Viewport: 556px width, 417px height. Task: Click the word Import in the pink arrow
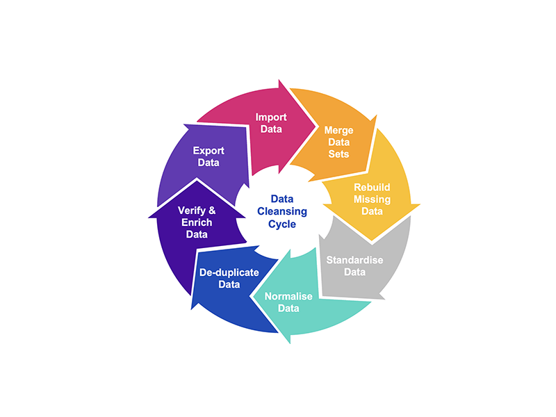[271, 117]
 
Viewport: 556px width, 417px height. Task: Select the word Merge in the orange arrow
[338, 131]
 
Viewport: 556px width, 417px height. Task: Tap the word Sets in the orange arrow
[338, 154]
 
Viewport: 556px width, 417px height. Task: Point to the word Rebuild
[372, 187]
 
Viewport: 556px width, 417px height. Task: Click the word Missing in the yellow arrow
[372, 199]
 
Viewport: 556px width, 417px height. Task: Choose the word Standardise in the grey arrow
[354, 260]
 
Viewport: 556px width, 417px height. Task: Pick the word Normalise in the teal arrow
[288, 296]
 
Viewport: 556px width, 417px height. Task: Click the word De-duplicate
[229, 272]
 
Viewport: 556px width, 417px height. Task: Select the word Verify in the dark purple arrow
[192, 211]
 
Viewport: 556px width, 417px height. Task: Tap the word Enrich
[197, 222]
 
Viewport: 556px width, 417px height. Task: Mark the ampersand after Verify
[212, 211]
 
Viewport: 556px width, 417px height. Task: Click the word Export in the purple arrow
[208, 151]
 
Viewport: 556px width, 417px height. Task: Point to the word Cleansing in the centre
[282, 211]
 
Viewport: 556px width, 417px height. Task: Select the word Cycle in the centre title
[282, 224]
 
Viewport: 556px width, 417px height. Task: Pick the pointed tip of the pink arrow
[316, 126]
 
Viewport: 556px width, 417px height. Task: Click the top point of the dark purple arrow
[197, 179]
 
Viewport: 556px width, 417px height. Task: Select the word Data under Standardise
[354, 272]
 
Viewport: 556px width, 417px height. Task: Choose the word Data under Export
[208, 163]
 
